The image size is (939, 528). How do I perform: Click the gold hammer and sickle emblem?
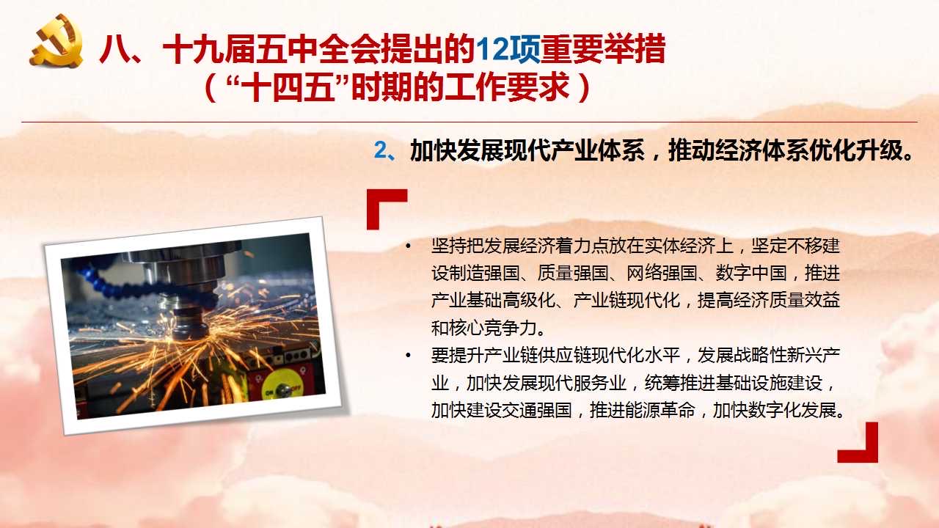[56, 40]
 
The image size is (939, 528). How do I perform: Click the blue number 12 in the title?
[492, 50]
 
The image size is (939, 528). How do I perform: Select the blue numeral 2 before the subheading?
[381, 150]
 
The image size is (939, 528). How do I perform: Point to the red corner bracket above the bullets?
[379, 201]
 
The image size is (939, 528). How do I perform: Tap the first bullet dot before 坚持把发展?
[409, 246]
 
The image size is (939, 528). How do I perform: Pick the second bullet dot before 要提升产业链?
[409, 356]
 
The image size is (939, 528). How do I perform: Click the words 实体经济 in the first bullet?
[680, 246]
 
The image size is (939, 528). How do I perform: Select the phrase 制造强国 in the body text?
[485, 274]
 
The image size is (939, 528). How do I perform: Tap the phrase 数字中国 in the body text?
[751, 274]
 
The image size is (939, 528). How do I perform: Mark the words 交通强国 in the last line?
[538, 410]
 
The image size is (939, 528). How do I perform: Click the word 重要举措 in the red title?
[603, 50]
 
